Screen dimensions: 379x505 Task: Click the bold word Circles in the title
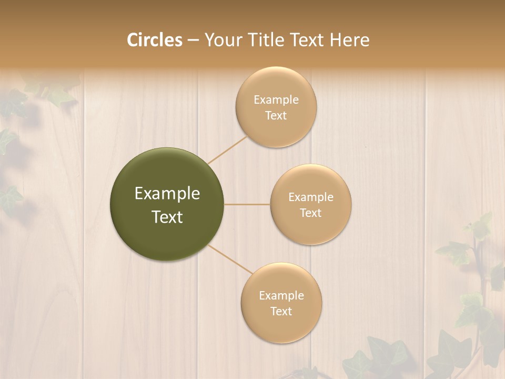tap(154, 40)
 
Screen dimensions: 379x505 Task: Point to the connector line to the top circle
tap(227, 149)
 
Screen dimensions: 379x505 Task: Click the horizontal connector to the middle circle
tap(247, 204)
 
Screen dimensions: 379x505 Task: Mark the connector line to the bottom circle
tap(229, 259)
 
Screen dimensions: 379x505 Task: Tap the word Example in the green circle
tap(167, 194)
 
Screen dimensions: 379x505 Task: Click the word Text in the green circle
tap(167, 217)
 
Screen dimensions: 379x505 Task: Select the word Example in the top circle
tap(276, 100)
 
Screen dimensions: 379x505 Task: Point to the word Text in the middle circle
tap(311, 213)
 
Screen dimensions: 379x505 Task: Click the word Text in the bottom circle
tap(281, 311)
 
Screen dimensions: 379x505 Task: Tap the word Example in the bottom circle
tap(281, 296)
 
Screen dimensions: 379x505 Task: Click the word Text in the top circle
tap(276, 116)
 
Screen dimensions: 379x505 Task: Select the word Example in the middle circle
tap(311, 197)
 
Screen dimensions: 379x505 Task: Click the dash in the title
tap(193, 41)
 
